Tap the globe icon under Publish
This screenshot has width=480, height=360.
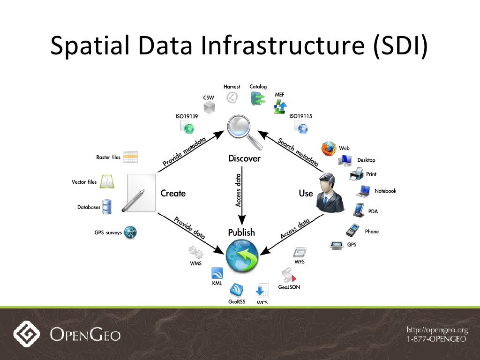tap(242, 255)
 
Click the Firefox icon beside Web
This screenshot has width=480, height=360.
tap(329, 149)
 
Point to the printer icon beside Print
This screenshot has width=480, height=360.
tap(356, 175)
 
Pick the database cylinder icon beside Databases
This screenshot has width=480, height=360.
tap(107, 207)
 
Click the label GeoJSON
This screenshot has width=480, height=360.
tap(289, 287)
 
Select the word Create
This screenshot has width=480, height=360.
tap(173, 194)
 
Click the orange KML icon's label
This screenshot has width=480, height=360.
tap(217, 284)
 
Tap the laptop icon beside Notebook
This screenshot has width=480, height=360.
tap(363, 191)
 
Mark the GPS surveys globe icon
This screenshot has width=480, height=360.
tap(130, 232)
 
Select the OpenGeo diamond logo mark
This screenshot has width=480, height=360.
tap(27, 334)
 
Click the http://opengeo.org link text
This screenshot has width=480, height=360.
tap(437, 330)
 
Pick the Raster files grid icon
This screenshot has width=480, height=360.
tap(130, 157)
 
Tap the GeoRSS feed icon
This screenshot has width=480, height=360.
tap(237, 289)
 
